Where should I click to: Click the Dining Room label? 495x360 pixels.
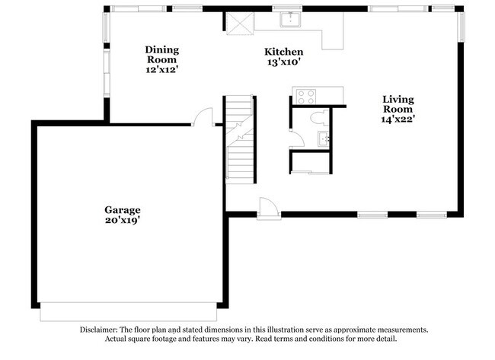pos(161,55)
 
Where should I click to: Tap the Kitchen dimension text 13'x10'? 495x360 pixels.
pos(277,64)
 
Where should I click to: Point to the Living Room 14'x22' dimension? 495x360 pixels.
pos(398,119)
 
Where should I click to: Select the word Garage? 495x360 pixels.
pos(122,209)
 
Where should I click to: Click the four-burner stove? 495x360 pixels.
pos(305,97)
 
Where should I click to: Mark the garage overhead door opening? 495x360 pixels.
pos(128,311)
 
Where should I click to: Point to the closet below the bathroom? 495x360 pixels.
pos(311,163)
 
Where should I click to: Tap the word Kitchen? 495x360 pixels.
pos(277,53)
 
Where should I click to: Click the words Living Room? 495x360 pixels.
pos(398,104)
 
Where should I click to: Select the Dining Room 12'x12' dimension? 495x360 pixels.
pos(161,69)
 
